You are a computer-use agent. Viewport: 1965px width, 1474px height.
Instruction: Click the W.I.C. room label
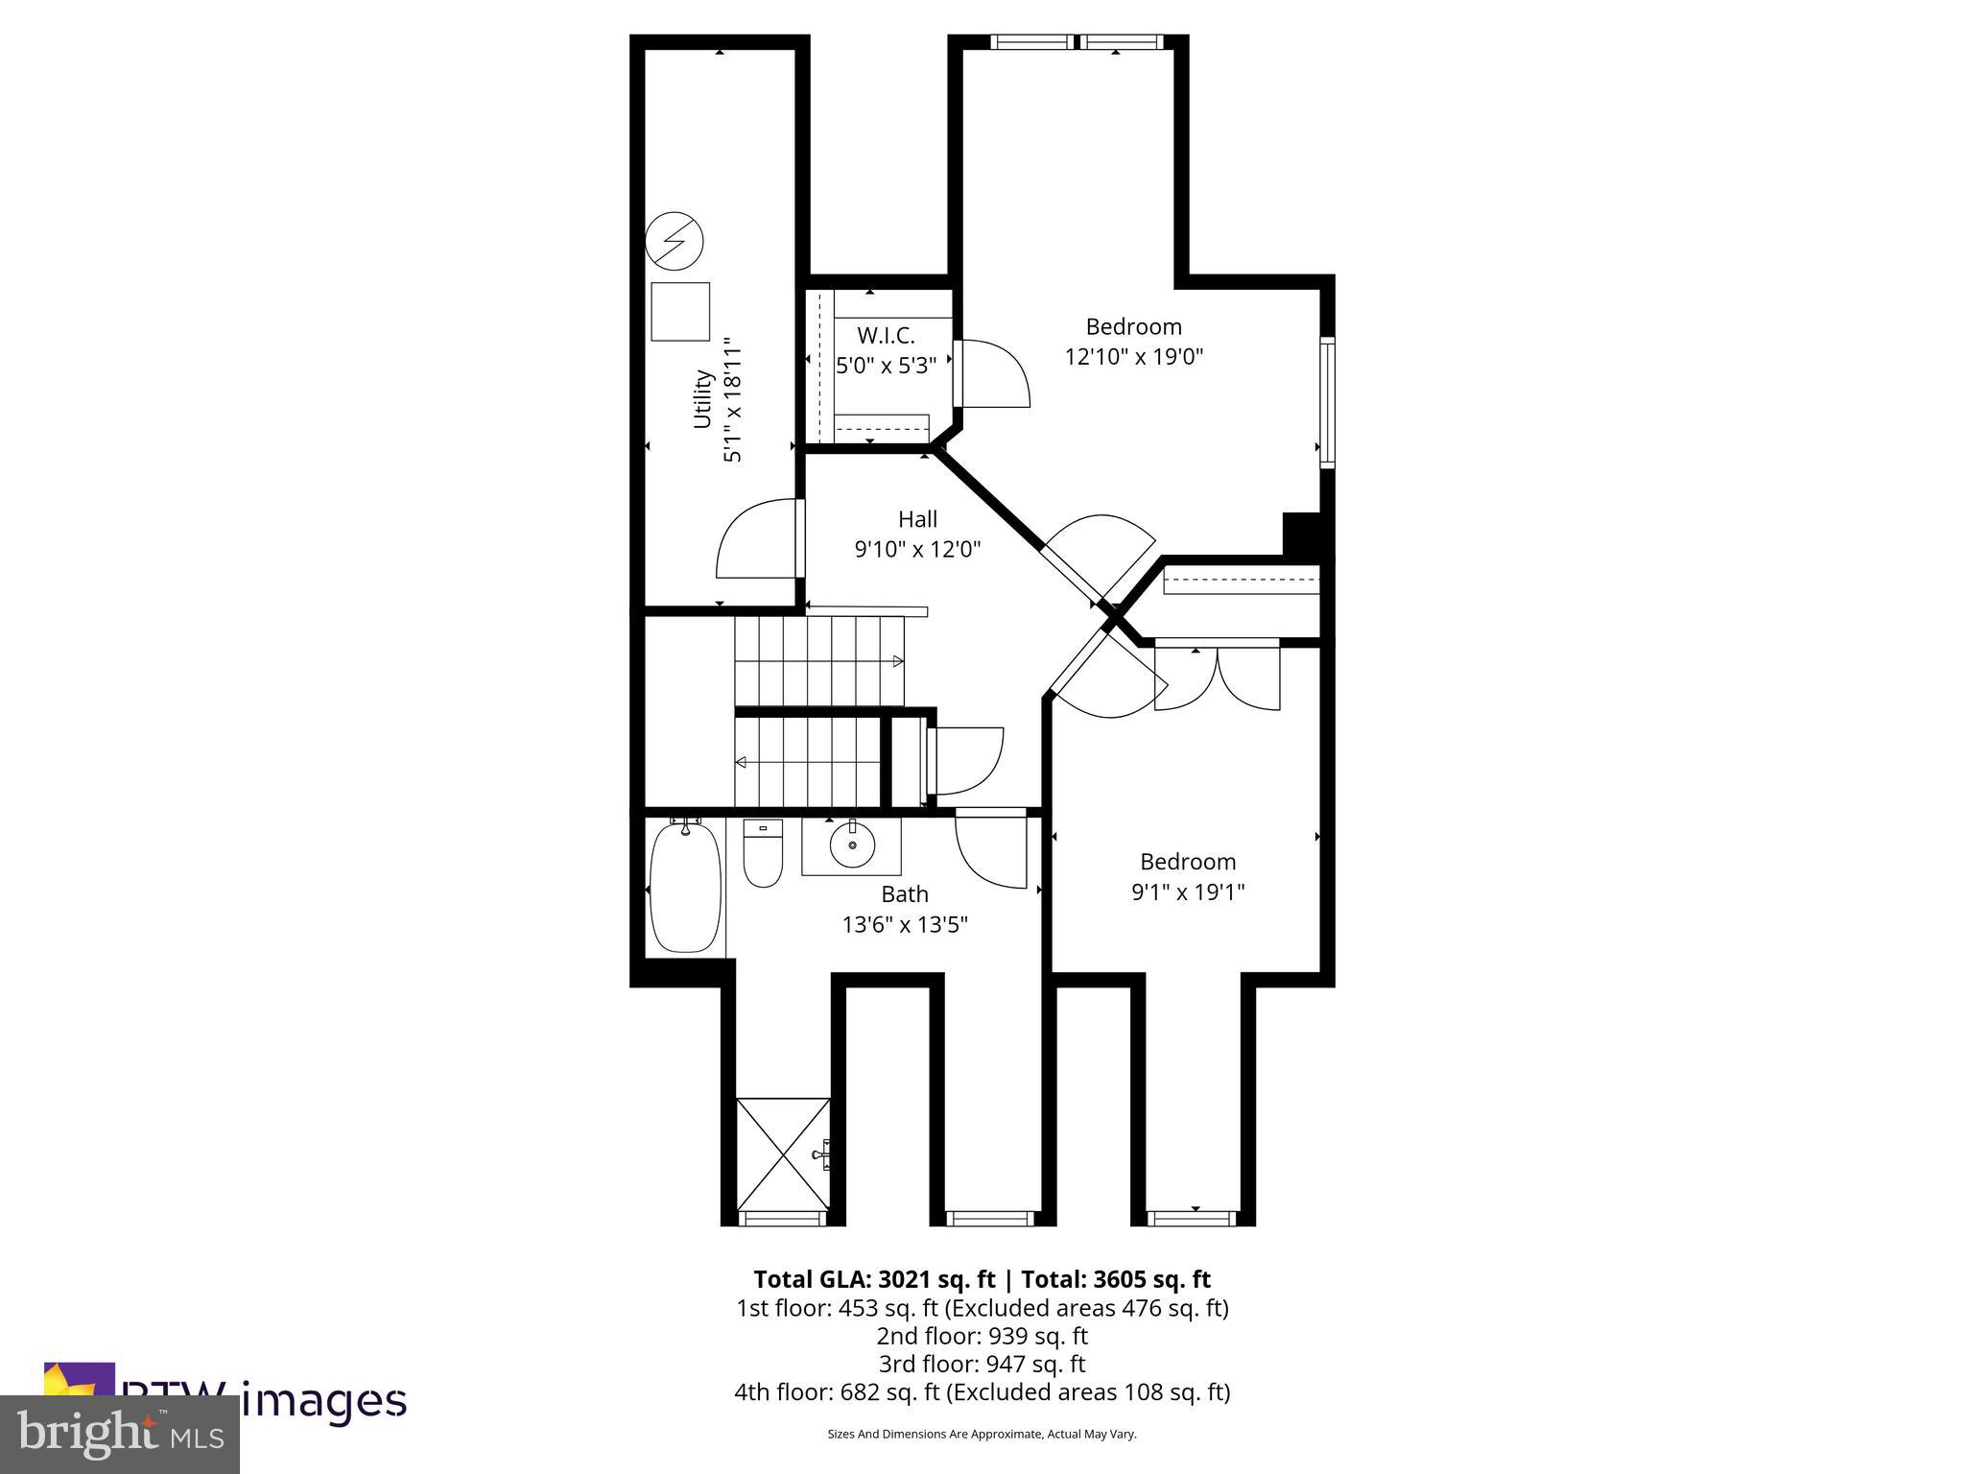click(x=886, y=335)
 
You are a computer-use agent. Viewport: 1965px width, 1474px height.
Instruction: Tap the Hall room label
click(x=917, y=519)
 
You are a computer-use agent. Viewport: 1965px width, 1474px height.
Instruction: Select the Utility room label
click(x=702, y=399)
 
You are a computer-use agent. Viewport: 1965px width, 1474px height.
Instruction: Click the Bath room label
click(x=905, y=893)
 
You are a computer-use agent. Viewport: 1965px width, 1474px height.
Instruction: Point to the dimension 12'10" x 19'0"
click(x=1134, y=357)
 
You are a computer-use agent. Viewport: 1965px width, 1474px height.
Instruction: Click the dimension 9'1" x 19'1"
click(x=1188, y=892)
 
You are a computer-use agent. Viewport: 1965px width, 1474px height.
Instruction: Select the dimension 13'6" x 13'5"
click(x=905, y=924)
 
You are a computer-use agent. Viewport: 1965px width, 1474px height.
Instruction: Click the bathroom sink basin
click(x=852, y=846)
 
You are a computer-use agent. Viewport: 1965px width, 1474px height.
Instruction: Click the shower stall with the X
click(x=783, y=1155)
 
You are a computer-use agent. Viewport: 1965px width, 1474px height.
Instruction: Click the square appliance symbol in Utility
click(x=680, y=311)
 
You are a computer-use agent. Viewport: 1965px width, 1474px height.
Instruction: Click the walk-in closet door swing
click(x=993, y=374)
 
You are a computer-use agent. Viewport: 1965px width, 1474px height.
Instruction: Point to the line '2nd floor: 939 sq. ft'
click(x=982, y=1336)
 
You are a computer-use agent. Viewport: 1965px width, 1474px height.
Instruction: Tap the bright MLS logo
click(x=120, y=1434)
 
